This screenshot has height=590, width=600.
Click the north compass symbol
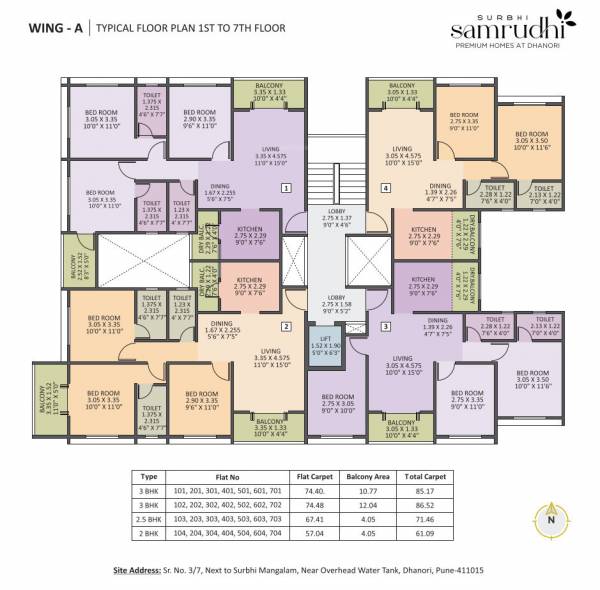point(548,521)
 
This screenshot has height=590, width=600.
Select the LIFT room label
point(325,345)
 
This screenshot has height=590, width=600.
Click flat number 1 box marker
point(286,187)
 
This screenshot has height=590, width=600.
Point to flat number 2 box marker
point(286,326)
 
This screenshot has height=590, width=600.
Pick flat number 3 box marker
point(385,326)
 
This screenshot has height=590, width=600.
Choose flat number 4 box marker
point(385,187)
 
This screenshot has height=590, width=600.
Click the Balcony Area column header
point(367,475)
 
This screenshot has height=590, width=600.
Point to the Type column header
point(150,475)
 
